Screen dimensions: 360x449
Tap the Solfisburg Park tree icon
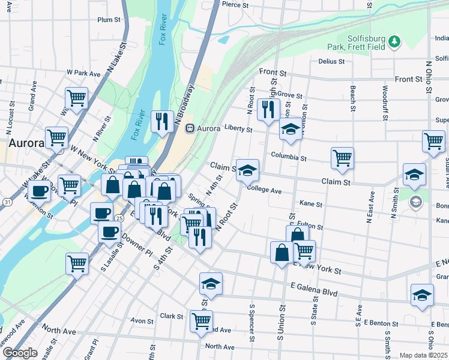click(x=394, y=41)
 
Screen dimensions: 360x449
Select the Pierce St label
click(x=235, y=4)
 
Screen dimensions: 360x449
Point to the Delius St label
click(x=331, y=61)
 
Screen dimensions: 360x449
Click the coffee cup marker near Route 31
click(x=40, y=191)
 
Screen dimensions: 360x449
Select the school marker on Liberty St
click(x=291, y=129)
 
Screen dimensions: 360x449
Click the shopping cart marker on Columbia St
click(x=342, y=158)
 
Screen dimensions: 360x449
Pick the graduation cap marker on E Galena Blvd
click(x=211, y=284)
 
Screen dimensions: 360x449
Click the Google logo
click(x=20, y=353)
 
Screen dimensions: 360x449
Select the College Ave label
click(x=264, y=190)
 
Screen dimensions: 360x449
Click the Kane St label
click(x=310, y=205)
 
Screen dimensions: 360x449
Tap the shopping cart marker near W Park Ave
click(x=77, y=98)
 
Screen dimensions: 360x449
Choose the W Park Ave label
click(x=83, y=73)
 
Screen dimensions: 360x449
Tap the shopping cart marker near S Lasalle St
click(x=77, y=263)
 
